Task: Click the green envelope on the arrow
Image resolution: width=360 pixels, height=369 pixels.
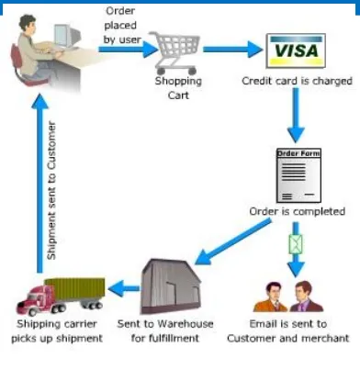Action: tap(296, 244)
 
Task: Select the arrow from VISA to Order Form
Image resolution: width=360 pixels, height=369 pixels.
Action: tap(295, 114)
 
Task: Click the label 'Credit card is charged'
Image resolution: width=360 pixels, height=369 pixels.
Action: tap(297, 82)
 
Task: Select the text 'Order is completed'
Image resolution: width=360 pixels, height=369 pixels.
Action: tap(298, 211)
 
